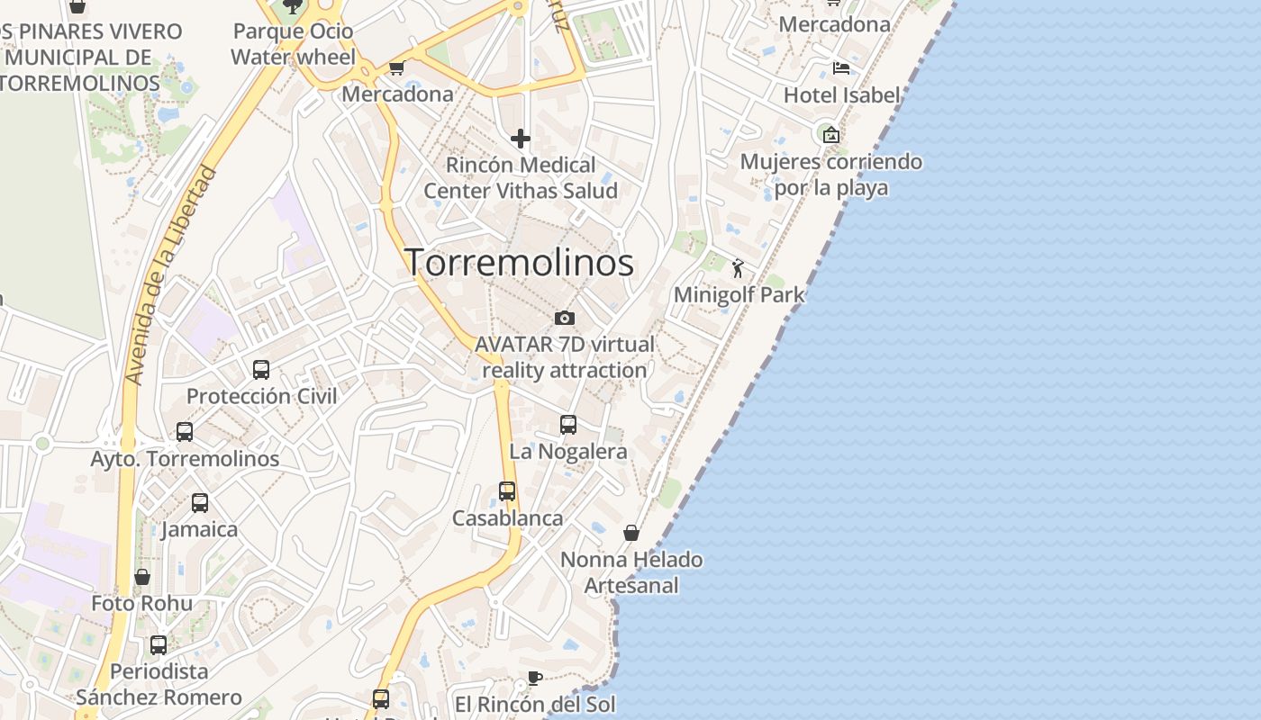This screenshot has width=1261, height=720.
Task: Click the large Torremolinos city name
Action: click(x=519, y=262)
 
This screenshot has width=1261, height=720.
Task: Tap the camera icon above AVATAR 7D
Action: click(x=565, y=318)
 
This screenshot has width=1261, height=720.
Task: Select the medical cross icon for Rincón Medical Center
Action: click(x=521, y=139)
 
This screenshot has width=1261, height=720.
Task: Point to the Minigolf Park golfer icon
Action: click(x=738, y=268)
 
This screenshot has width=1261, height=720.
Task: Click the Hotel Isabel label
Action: click(x=841, y=95)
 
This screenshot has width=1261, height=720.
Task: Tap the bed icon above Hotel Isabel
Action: click(x=841, y=67)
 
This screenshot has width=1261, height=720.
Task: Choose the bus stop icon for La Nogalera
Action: click(x=568, y=425)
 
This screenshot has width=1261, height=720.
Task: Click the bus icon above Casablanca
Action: click(x=507, y=491)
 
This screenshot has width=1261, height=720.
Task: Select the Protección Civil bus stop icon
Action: click(x=261, y=370)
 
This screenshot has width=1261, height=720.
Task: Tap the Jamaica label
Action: click(x=199, y=529)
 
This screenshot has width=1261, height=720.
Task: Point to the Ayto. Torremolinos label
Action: click(x=186, y=459)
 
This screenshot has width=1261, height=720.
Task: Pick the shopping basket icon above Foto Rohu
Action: click(x=142, y=577)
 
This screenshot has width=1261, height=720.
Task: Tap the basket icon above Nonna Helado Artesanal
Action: click(x=631, y=533)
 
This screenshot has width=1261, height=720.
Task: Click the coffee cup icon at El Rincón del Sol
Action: click(x=535, y=678)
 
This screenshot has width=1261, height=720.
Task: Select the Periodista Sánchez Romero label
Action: click(x=159, y=684)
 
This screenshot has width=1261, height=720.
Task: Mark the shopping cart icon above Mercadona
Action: click(x=396, y=67)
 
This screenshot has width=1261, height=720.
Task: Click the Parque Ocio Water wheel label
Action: click(x=294, y=44)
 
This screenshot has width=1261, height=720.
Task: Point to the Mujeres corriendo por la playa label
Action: click(x=831, y=175)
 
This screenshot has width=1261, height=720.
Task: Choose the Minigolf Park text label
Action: click(x=739, y=294)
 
